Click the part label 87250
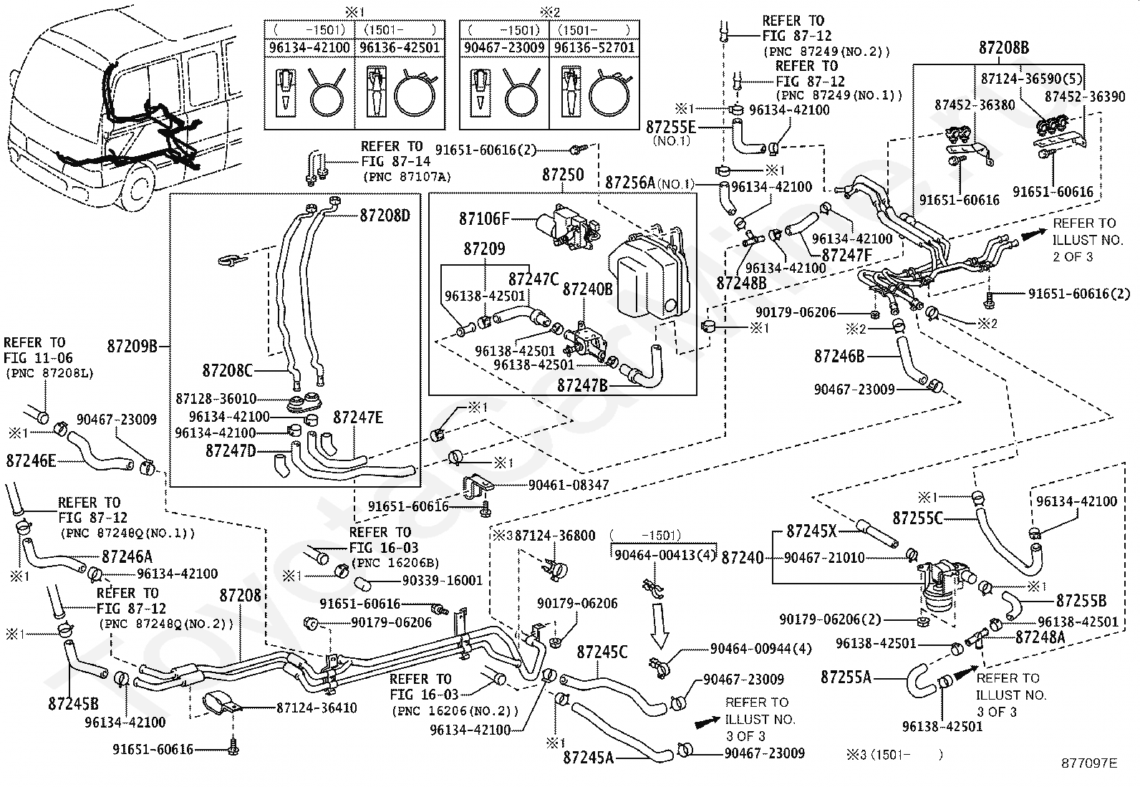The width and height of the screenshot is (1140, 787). [x=563, y=175]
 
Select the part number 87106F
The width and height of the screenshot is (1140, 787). [x=484, y=219]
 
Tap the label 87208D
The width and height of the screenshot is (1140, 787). [x=385, y=216]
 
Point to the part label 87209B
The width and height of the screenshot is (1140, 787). [x=132, y=346]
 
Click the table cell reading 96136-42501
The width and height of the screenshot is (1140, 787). [x=400, y=48]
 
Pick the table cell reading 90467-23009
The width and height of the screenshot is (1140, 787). [x=504, y=48]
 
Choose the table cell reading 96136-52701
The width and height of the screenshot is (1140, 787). [x=594, y=48]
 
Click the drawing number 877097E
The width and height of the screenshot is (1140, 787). [x=1089, y=763]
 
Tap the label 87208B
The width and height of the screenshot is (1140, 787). [x=1004, y=48]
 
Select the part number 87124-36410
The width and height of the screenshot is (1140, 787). [x=317, y=708]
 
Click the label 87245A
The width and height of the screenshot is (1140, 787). [x=589, y=758]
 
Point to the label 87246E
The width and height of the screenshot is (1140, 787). [x=31, y=460]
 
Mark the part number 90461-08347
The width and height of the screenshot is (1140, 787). [x=569, y=485]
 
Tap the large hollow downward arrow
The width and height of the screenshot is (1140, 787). [x=660, y=626]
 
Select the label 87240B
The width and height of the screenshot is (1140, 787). [x=587, y=289]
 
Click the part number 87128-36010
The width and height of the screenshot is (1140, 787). [x=216, y=399]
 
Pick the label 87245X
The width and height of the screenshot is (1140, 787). [x=811, y=531]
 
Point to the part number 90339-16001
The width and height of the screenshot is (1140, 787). [x=443, y=581]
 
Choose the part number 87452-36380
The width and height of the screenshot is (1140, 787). [x=975, y=105]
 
